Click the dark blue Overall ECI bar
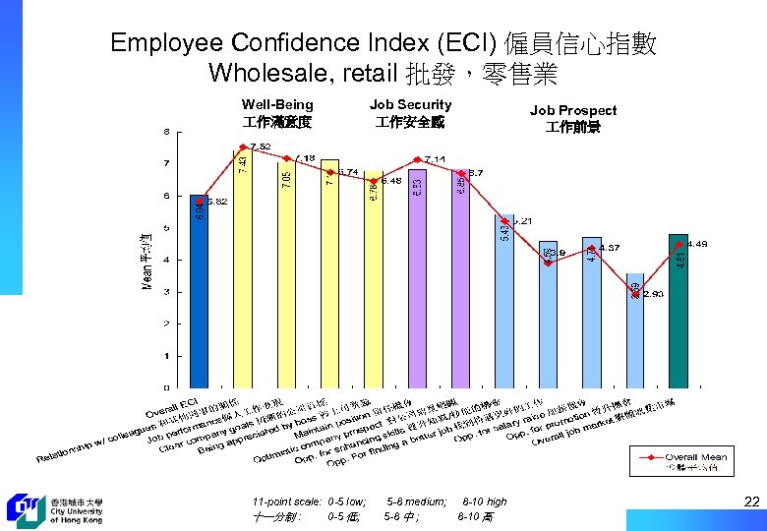pyautogui.click(x=199, y=295)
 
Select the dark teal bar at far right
pyautogui.click(x=678, y=315)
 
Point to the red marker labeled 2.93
pyautogui.click(x=636, y=293)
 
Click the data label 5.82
pyautogui.click(x=217, y=202)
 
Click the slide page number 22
pyautogui.click(x=751, y=501)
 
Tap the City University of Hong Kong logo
pyautogui.click(x=54, y=507)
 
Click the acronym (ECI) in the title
pyautogui.click(x=467, y=43)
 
